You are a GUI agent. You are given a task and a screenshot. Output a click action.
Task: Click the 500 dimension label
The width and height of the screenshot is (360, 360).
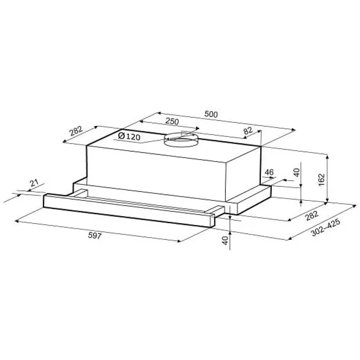pos(211,114)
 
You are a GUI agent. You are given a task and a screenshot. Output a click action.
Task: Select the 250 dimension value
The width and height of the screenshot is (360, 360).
pos(172,121)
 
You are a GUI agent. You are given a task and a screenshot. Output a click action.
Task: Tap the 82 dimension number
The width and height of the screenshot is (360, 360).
pos(248,131)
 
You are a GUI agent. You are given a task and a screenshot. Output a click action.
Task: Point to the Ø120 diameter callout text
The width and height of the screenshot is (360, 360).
pos(129,137)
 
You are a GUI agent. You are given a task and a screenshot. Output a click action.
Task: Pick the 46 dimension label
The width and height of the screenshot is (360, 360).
pos(269,172)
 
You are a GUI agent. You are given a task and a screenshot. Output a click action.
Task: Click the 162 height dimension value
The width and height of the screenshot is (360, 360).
pos(321,180)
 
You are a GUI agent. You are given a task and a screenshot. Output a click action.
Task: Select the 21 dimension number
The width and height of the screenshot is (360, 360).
pos(34,183)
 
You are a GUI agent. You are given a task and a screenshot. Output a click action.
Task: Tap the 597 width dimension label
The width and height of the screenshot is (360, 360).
pos(94,235)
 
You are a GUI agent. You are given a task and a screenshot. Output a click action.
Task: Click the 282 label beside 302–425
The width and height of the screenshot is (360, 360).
pos(312,216)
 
